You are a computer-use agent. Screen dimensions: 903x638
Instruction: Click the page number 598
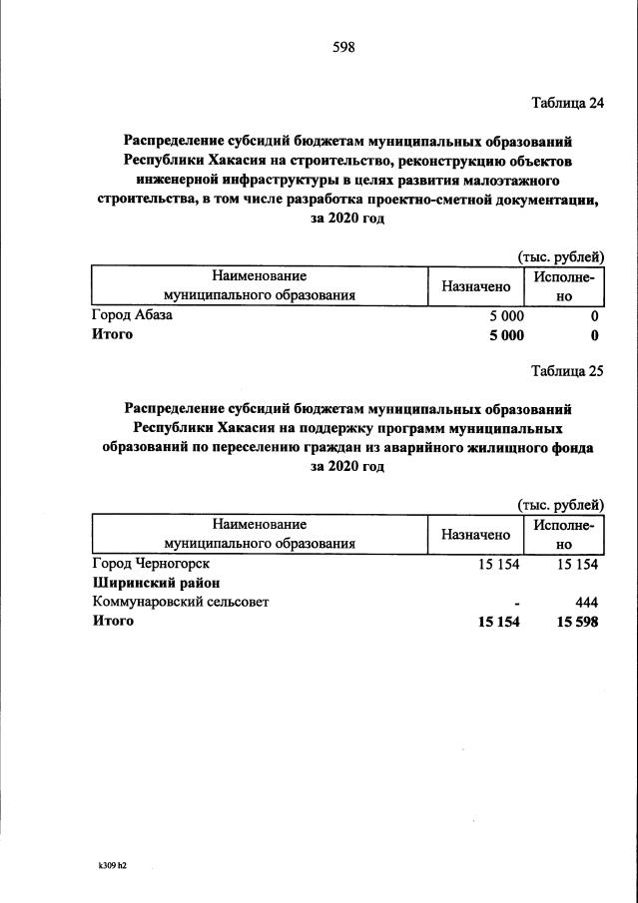[343, 47]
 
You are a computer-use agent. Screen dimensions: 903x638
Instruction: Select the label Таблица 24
[568, 103]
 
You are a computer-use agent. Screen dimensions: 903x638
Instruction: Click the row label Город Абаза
[132, 315]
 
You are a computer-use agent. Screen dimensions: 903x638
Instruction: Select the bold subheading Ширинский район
[155, 583]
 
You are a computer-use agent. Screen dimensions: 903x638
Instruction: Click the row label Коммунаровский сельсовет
[180, 602]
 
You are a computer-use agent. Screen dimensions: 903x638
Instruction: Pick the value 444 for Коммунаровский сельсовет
[586, 602]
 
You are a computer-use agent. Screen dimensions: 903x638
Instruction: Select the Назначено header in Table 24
[476, 286]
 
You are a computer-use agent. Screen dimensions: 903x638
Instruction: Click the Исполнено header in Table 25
[564, 535]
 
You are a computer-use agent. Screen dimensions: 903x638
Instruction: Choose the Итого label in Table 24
[112, 334]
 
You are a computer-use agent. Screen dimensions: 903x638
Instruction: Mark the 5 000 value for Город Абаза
[505, 315]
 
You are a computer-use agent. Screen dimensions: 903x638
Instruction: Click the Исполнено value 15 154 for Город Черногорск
[574, 564]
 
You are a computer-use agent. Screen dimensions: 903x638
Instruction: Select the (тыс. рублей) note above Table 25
[560, 506]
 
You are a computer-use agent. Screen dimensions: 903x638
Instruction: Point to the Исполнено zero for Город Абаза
[594, 315]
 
